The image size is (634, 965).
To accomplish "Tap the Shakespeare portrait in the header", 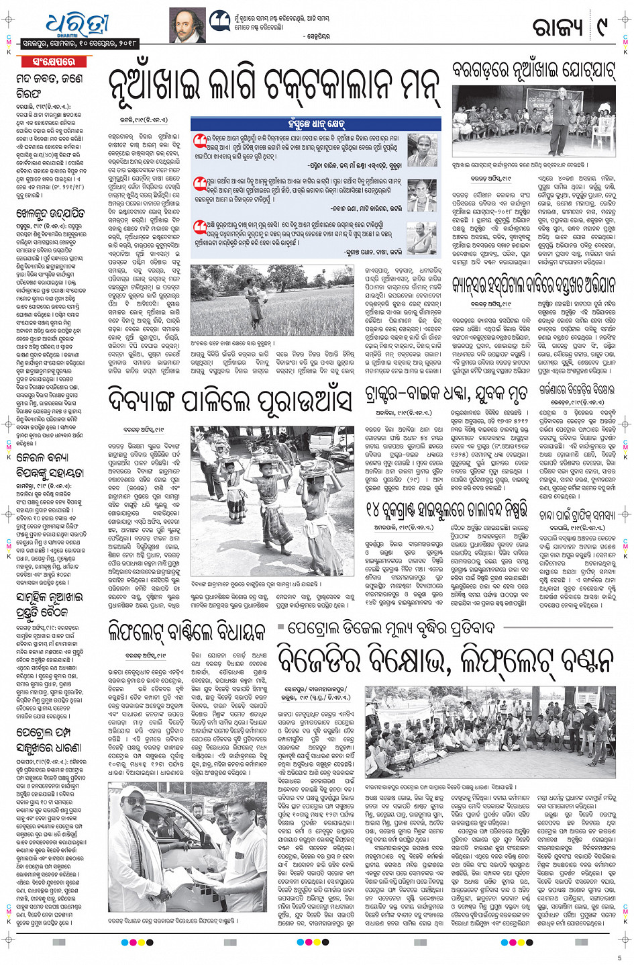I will [187, 26].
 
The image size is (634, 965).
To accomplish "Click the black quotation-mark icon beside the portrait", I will [219, 21].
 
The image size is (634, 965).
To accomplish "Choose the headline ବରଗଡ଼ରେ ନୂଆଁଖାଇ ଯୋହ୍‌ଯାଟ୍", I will [533, 71].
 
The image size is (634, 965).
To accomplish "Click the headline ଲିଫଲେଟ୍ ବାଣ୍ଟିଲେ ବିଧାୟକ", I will [187, 632].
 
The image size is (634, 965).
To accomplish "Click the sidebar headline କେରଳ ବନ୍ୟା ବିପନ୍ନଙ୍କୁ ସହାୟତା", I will [50, 464].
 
